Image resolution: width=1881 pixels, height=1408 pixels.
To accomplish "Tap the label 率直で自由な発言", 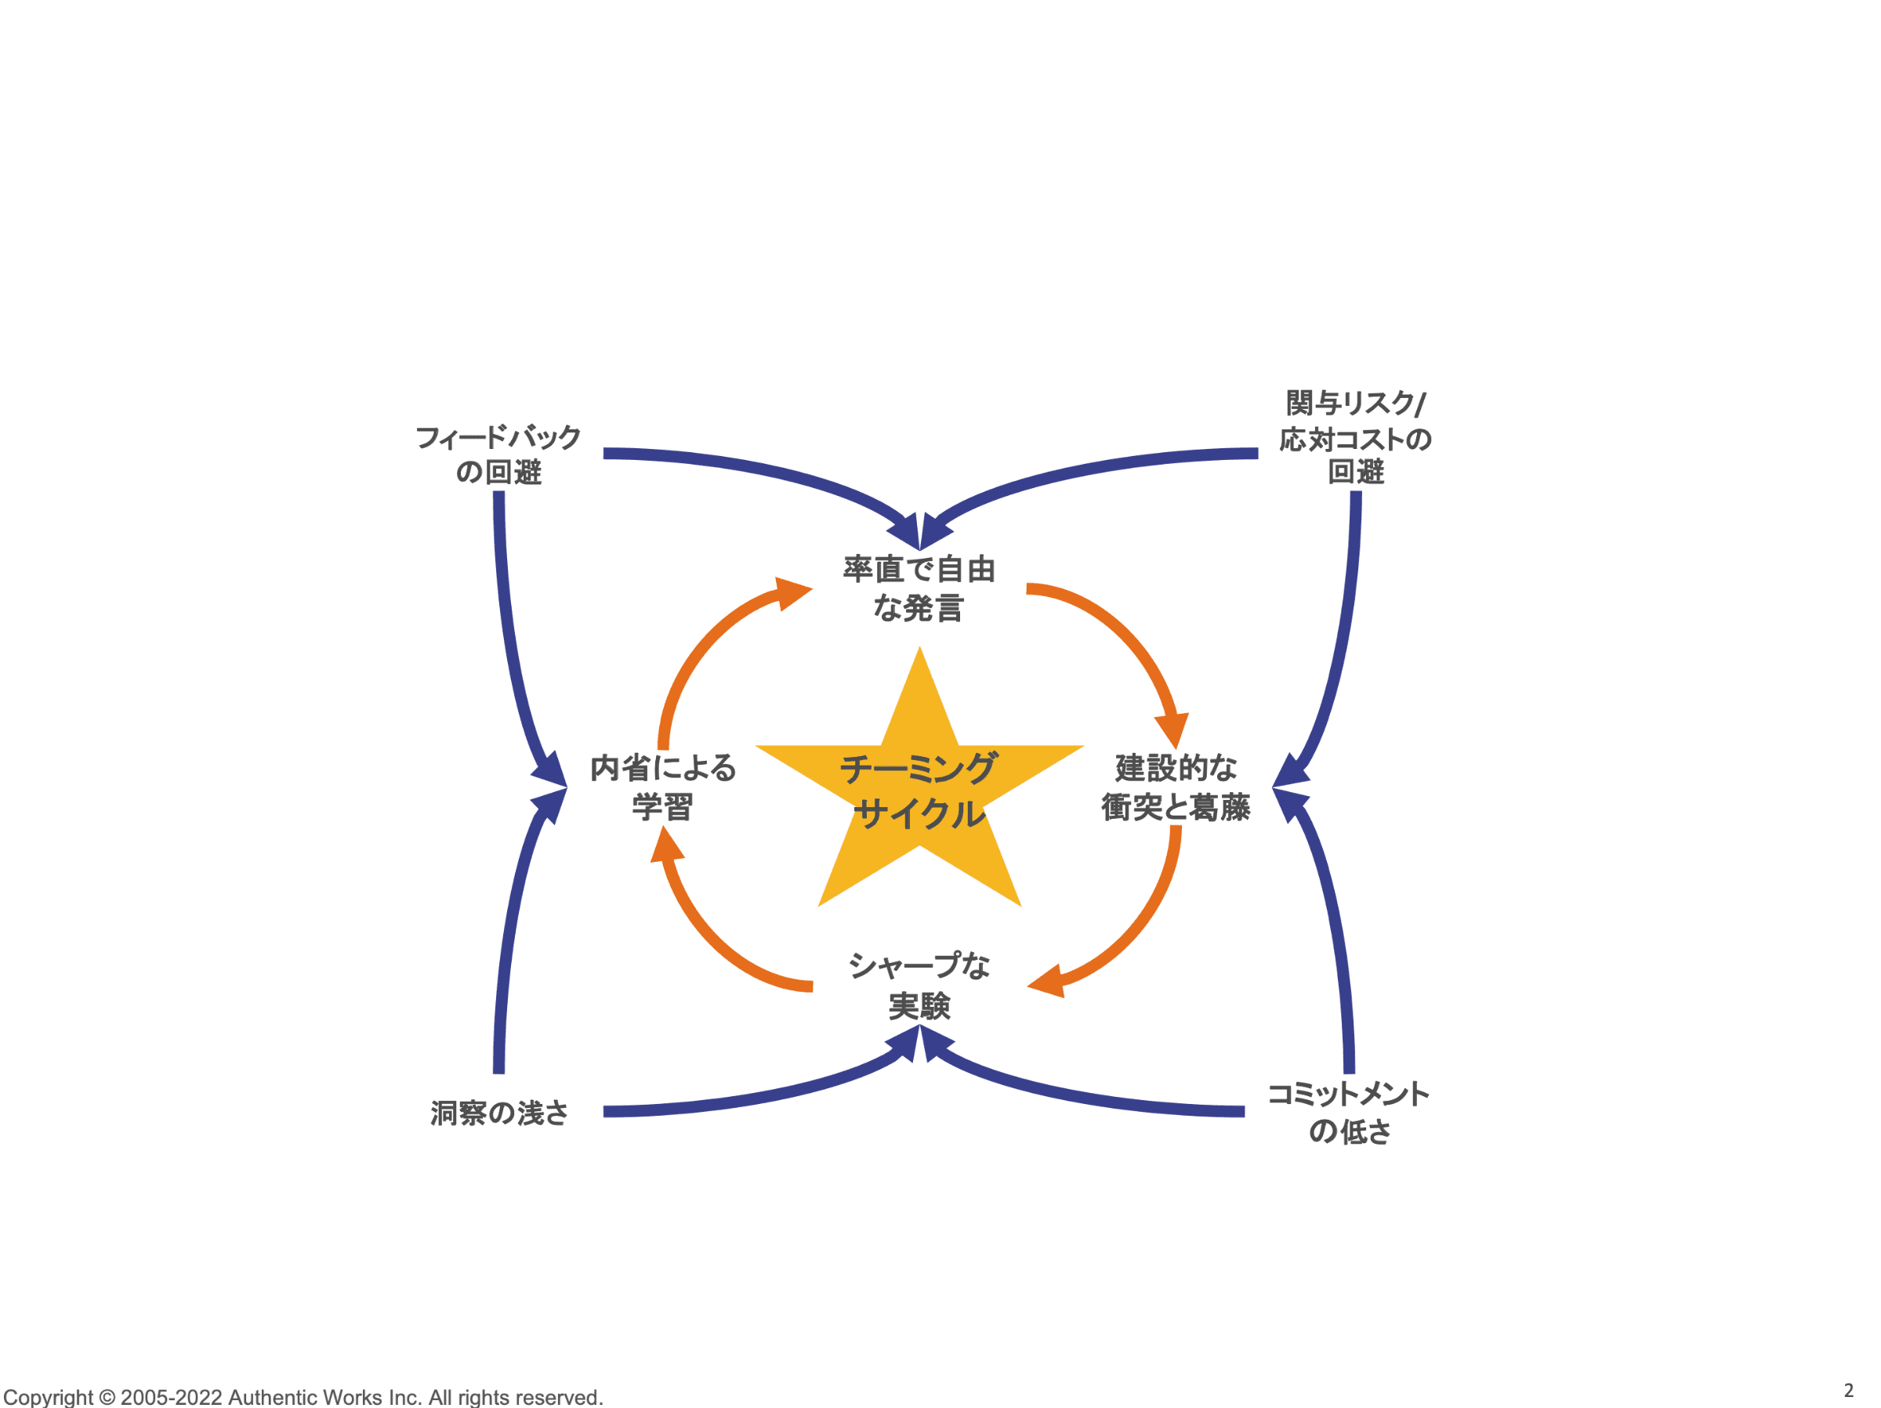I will pyautogui.click(x=919, y=588).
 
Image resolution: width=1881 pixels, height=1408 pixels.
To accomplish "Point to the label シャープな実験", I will pyautogui.click(x=919, y=986).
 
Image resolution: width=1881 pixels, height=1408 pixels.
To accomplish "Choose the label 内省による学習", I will pyautogui.click(x=662, y=787).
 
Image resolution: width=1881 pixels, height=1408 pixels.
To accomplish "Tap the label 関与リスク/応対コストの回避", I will pyautogui.click(x=1355, y=437).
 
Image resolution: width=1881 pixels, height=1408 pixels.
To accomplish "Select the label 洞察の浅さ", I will pyautogui.click(x=499, y=1113).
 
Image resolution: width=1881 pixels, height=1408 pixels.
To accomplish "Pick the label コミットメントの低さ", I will pyautogui.click(x=1349, y=1112).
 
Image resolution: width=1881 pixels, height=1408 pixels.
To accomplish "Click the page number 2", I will pyautogui.click(x=1848, y=1390).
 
